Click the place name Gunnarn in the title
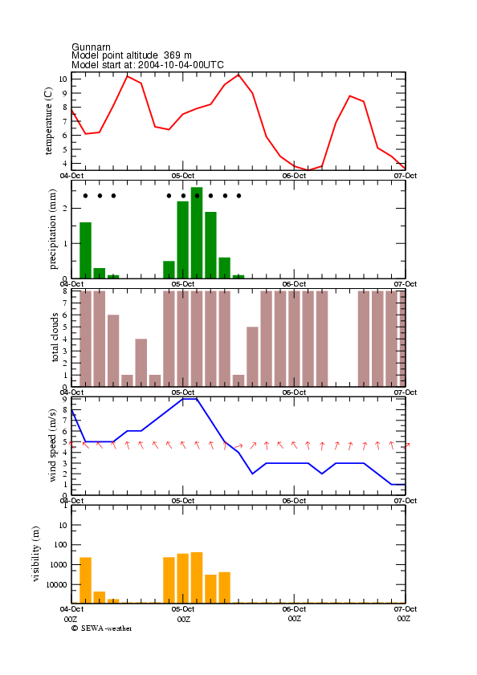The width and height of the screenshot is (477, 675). pos(91,47)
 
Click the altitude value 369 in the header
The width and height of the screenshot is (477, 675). pos(172,55)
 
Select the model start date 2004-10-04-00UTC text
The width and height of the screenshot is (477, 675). pos(181,65)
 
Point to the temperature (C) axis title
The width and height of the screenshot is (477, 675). pos(48,121)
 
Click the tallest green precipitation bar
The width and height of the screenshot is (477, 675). pos(197,233)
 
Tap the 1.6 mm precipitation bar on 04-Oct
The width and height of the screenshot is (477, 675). pos(85,250)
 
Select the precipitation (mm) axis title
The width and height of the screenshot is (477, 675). pos(52,230)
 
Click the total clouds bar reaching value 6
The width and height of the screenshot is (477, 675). pos(113,351)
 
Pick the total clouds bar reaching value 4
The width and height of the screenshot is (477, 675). pos(141,363)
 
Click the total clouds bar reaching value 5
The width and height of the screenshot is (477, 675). pos(252,356)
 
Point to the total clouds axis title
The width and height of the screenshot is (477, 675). pos(55,337)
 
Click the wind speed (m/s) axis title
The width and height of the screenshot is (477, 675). pos(52,445)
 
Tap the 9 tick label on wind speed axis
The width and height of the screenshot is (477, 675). pos(64,399)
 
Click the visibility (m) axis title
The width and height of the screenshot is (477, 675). pos(35,554)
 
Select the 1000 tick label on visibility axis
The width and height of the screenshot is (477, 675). pos(59,565)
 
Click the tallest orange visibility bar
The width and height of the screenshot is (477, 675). pos(197,578)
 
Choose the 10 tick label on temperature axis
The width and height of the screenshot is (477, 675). pos(63,79)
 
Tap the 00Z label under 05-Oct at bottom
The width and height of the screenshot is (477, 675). pos(184,619)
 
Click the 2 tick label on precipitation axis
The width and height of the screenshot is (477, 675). pos(65,209)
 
